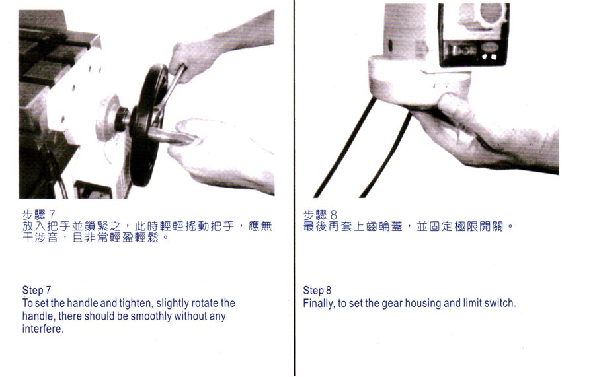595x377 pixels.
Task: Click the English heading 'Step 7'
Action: pyautogui.click(x=36, y=291)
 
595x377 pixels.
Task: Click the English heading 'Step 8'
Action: pyautogui.click(x=317, y=291)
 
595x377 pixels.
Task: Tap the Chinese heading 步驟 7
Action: pyautogui.click(x=39, y=215)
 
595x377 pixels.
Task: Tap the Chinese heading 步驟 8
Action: pyautogui.click(x=320, y=215)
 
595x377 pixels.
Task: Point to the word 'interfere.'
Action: pyautogui.click(x=43, y=329)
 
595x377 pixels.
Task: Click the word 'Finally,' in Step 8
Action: pyautogui.click(x=319, y=304)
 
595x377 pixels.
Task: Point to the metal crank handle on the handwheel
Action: pyautogui.click(x=171, y=135)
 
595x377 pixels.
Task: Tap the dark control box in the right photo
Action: pyautogui.click(x=473, y=34)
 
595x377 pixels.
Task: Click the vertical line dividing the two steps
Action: pyautogui.click(x=294, y=188)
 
